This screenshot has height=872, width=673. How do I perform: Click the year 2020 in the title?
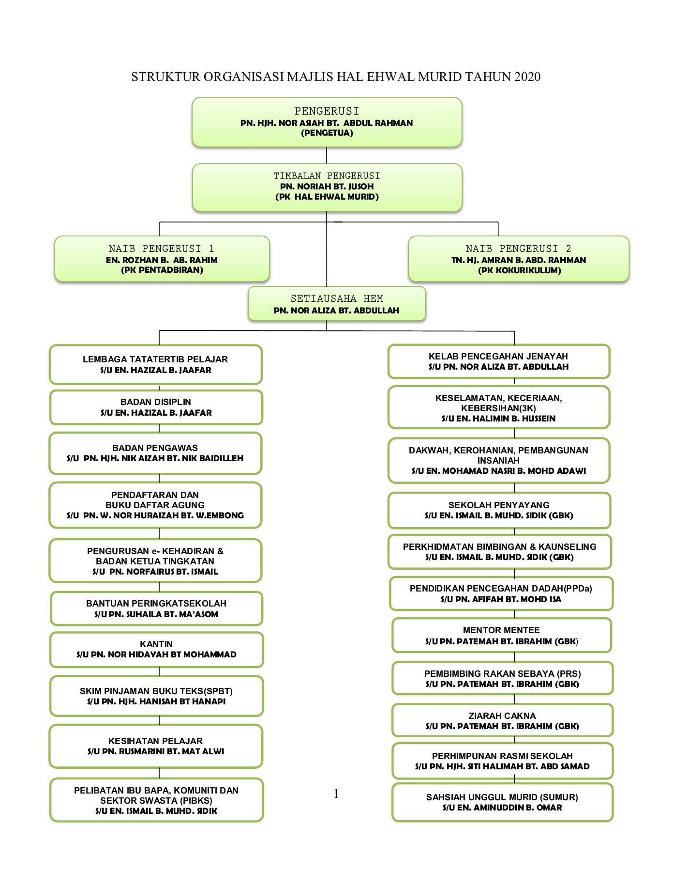coord(527,77)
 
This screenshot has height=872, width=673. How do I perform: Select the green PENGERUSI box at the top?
coord(327,122)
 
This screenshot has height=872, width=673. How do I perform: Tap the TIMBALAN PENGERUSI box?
coord(327,187)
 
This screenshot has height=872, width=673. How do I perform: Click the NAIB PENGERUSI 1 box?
coord(162,259)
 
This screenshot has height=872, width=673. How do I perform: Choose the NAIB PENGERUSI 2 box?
coord(519,259)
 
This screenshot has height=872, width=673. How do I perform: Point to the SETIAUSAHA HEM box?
coord(337,304)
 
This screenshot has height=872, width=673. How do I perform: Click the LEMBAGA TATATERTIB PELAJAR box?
coord(155,364)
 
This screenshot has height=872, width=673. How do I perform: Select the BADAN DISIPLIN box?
coord(156,407)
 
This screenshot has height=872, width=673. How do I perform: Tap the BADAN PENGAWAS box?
coord(155,453)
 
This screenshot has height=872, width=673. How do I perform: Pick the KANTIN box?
coord(156,649)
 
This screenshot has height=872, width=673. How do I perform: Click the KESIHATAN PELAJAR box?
coord(156,746)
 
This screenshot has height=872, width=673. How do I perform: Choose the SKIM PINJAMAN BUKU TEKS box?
coord(156,696)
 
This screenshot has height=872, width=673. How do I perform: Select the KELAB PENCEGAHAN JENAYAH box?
coord(498,361)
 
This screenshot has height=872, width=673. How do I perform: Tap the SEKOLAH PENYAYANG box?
coord(499,510)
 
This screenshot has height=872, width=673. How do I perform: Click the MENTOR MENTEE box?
coord(502,635)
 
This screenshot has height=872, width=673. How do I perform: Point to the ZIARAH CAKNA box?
coord(502,720)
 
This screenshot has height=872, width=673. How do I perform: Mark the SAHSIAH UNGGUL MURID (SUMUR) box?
coord(502,802)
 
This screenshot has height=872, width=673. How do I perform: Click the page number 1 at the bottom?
coord(336,794)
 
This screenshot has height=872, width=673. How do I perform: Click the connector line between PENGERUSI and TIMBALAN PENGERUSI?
coord(327,155)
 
